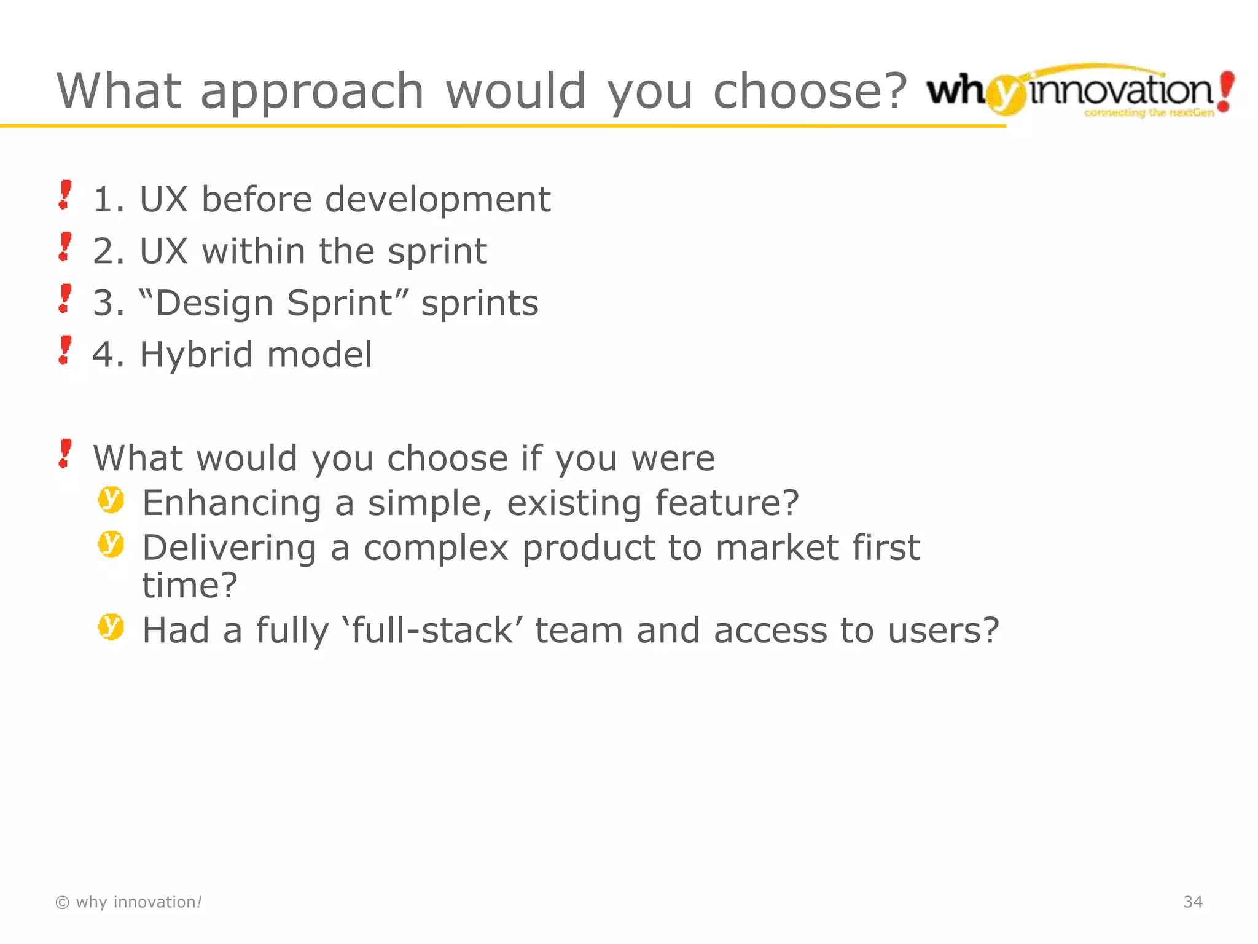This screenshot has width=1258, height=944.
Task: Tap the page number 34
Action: click(1193, 902)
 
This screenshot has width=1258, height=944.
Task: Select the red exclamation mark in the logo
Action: click(1225, 91)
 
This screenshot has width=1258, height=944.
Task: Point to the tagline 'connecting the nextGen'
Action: click(1149, 112)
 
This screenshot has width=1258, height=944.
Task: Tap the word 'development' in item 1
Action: click(437, 200)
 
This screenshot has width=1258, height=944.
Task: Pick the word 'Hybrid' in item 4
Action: click(196, 355)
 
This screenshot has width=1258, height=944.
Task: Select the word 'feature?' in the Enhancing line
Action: click(727, 503)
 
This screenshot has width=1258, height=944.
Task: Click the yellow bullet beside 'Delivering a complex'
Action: click(111, 545)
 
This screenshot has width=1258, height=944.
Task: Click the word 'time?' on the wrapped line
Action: click(189, 585)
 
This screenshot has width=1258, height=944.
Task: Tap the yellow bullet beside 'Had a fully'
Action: click(111, 627)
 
